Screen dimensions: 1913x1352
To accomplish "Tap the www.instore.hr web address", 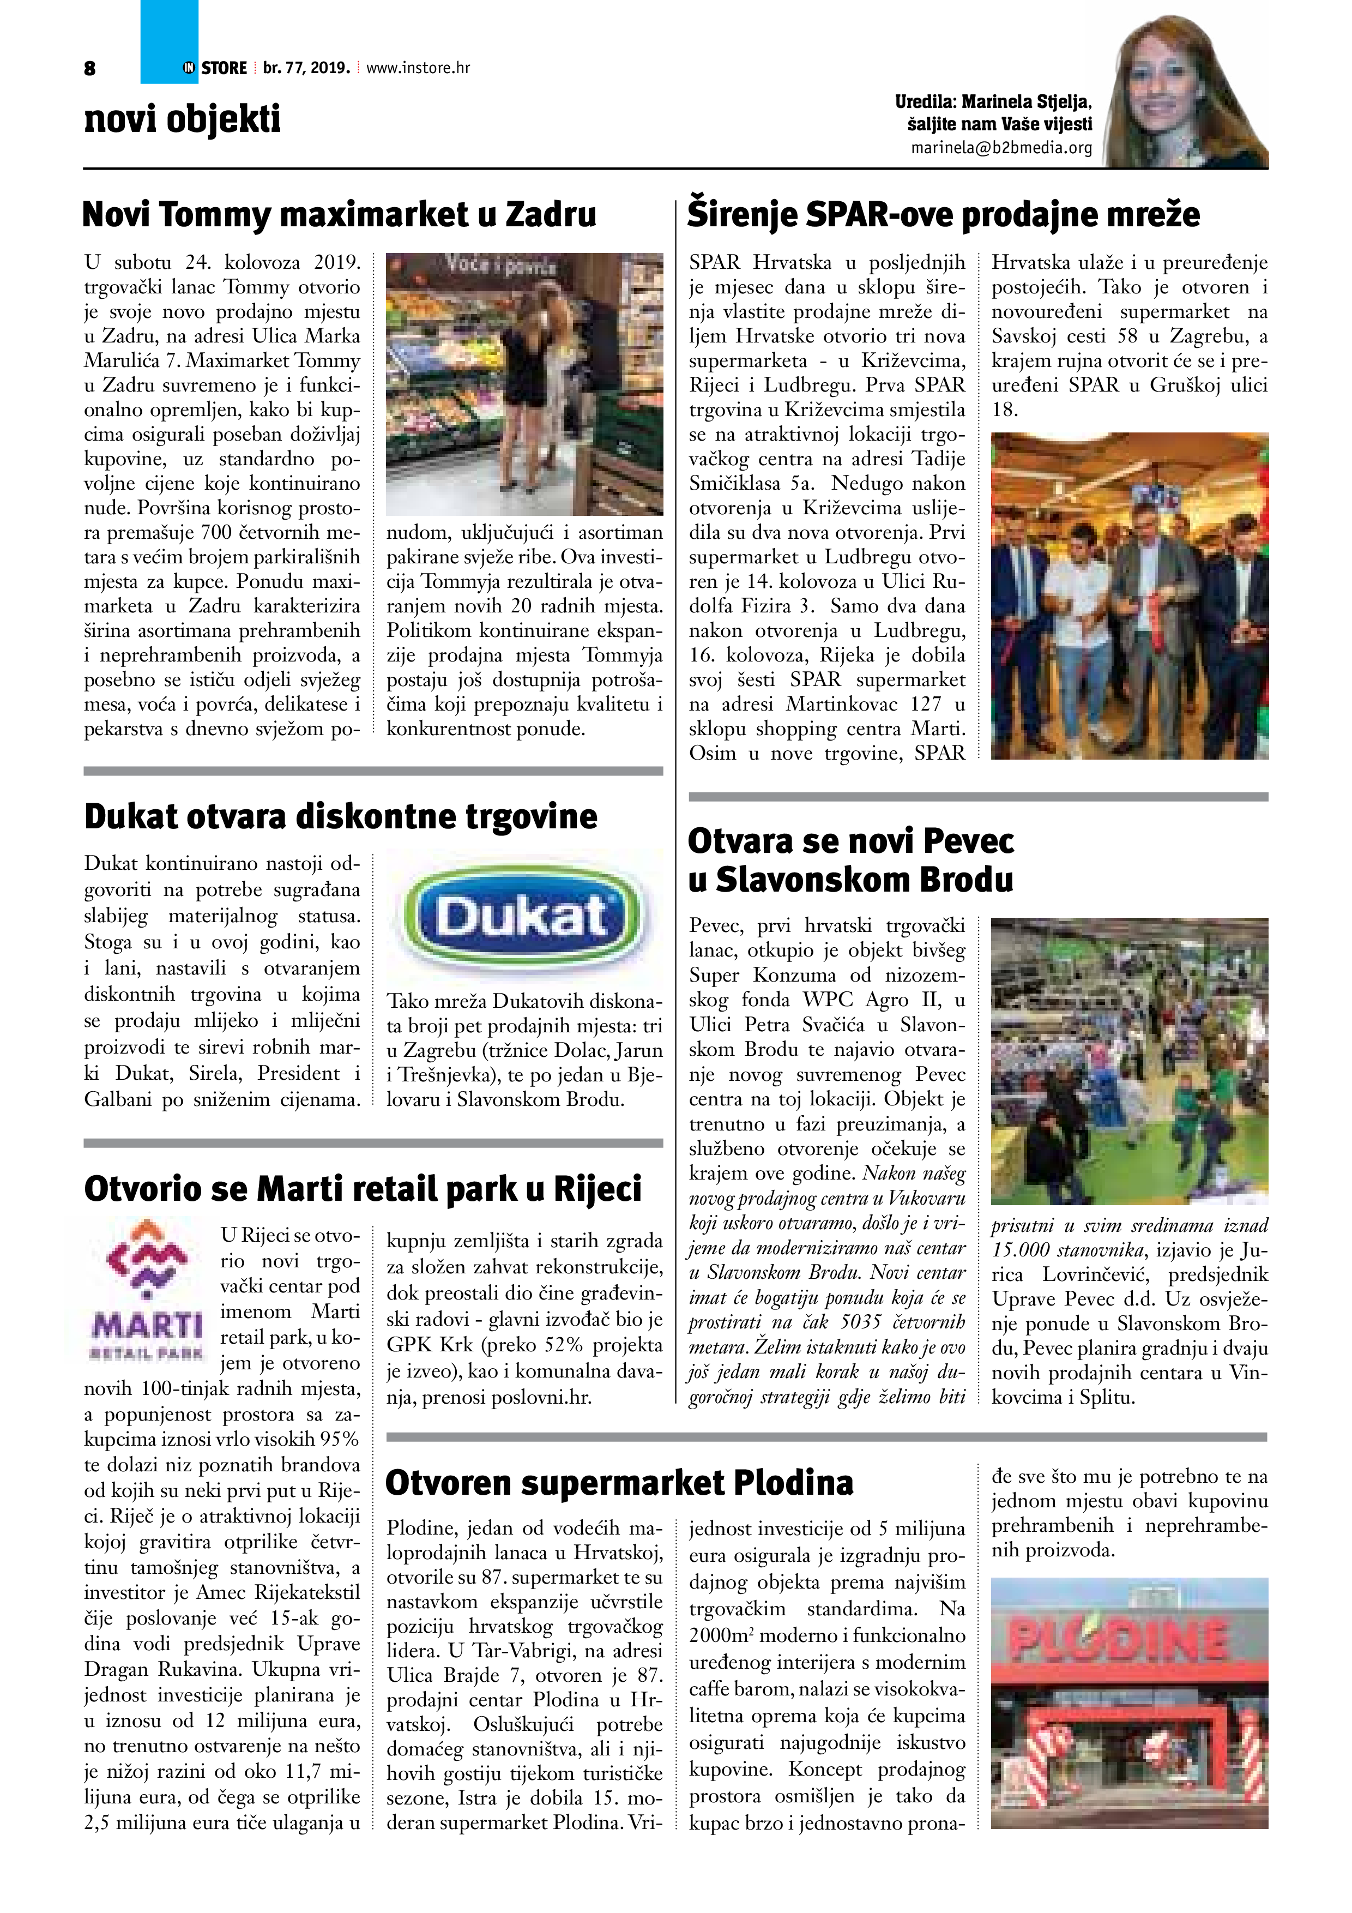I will pos(418,68).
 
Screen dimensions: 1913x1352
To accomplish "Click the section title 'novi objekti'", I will pos(183,119).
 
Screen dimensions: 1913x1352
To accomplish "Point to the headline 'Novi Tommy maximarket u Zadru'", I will pos(339,215).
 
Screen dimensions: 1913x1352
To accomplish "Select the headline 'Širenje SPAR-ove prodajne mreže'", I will pos(943,215).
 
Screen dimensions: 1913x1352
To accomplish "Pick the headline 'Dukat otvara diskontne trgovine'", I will pos(341,816).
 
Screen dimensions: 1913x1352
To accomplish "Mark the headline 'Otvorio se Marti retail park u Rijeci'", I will pos(363,1189).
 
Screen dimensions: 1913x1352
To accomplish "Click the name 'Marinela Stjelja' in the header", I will pos(1025,101).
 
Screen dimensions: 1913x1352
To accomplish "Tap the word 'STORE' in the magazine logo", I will pos(224,68).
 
